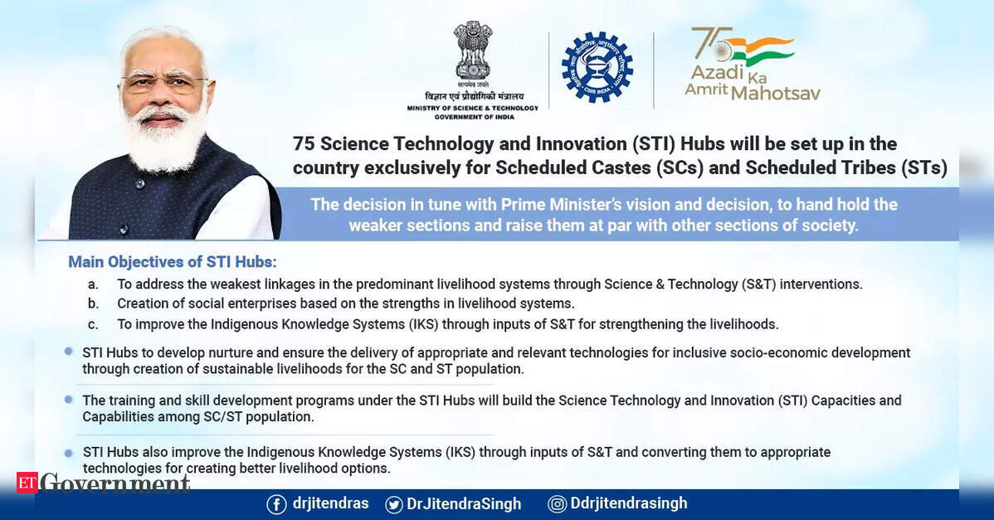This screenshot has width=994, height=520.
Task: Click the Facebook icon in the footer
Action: pyautogui.click(x=276, y=505)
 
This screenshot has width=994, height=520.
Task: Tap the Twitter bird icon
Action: pyautogui.click(x=393, y=505)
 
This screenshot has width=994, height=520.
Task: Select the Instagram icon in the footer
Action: pyautogui.click(x=558, y=504)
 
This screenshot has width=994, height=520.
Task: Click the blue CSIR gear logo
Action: pyautogui.click(x=597, y=67)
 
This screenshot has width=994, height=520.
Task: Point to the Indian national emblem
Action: pyautogui.click(x=472, y=51)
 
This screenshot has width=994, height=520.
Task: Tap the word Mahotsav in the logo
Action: pyautogui.click(x=775, y=94)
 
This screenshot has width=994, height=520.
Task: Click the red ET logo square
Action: pyautogui.click(x=27, y=483)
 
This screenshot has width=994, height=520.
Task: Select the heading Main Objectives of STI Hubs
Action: pyautogui.click(x=173, y=262)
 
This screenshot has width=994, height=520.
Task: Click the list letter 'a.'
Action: pyautogui.click(x=93, y=285)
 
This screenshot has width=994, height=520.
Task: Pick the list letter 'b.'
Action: pyautogui.click(x=93, y=304)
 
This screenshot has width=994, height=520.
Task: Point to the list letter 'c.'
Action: pyautogui.click(x=93, y=325)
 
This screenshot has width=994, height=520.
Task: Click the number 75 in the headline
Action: pyautogui.click(x=304, y=143)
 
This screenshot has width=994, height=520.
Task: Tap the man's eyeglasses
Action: pyautogui.click(x=163, y=82)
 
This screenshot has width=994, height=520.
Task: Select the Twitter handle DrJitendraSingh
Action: pyautogui.click(x=464, y=504)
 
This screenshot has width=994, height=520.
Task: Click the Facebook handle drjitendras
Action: pyautogui.click(x=331, y=503)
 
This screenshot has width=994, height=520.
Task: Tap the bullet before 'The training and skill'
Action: pyautogui.click(x=69, y=400)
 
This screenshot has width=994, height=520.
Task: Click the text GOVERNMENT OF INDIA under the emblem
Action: pyautogui.click(x=474, y=117)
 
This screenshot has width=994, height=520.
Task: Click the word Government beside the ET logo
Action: pyautogui.click(x=115, y=484)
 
